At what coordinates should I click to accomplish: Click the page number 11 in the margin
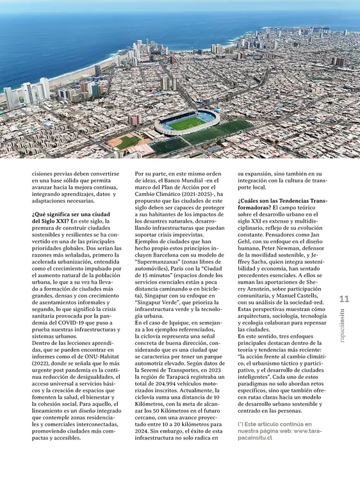tap(344, 299)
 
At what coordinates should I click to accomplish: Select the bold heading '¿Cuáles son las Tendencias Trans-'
tap(282, 200)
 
